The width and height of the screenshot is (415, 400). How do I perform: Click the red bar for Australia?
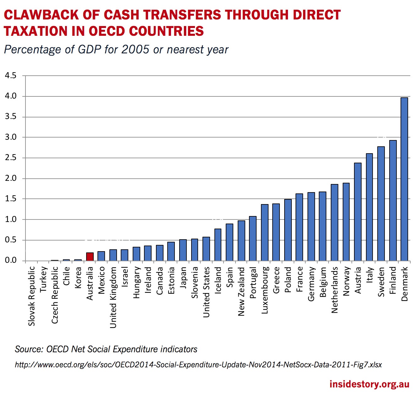pyautogui.click(x=90, y=257)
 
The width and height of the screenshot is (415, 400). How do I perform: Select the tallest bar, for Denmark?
pyautogui.click(x=404, y=179)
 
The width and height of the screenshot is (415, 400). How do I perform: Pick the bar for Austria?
pyautogui.click(x=358, y=212)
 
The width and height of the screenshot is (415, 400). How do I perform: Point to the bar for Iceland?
pyautogui.click(x=218, y=245)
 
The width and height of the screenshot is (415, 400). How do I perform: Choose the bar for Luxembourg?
pyautogui.click(x=265, y=232)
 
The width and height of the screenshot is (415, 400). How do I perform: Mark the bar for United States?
pyautogui.click(x=206, y=249)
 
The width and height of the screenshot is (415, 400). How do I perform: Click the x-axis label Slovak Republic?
pyautogui.click(x=32, y=296)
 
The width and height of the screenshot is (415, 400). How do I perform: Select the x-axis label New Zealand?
pyautogui.click(x=241, y=291)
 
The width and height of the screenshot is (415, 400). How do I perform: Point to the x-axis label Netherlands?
pyautogui.click(x=335, y=290)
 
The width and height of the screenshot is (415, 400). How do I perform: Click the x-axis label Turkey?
pyautogui.click(x=43, y=279)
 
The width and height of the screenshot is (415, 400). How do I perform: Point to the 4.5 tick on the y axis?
pyautogui.click(x=10, y=76)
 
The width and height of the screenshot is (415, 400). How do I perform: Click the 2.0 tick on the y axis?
pyautogui.click(x=10, y=178)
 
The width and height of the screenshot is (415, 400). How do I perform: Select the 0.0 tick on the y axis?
pyautogui.click(x=10, y=260)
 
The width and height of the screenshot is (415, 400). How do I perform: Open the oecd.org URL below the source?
pyautogui.click(x=198, y=365)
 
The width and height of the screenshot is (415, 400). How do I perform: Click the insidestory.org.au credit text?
pyautogui.click(x=369, y=384)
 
